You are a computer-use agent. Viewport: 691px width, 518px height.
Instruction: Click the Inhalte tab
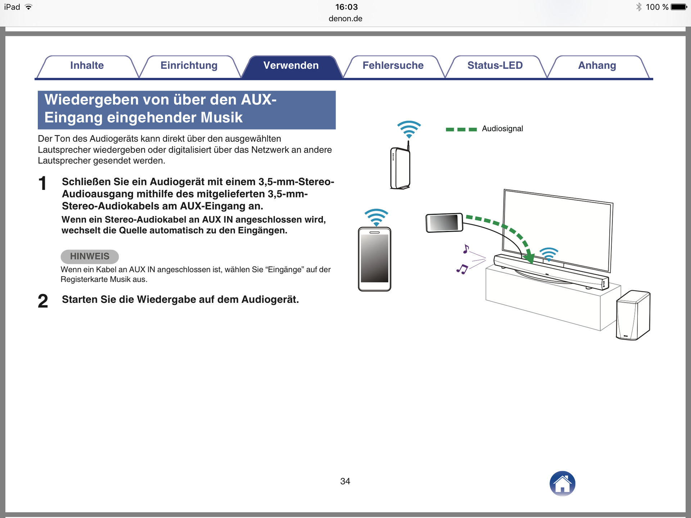click(87, 65)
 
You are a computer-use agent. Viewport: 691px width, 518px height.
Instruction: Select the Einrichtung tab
click(189, 65)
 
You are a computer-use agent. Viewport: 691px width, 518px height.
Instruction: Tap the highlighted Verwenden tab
click(291, 65)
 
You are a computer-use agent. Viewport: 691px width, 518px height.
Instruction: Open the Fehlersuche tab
click(393, 65)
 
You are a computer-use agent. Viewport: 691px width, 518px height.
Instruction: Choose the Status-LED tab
click(495, 65)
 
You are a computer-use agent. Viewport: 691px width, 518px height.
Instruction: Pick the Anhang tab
click(597, 65)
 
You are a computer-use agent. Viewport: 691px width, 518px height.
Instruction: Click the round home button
click(562, 483)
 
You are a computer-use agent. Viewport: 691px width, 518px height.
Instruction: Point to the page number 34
click(345, 481)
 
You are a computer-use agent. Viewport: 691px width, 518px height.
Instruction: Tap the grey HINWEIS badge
click(90, 256)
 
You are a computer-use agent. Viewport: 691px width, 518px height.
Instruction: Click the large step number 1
click(42, 183)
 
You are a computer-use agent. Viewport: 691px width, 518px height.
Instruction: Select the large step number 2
click(43, 301)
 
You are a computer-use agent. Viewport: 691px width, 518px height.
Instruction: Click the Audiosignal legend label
click(502, 129)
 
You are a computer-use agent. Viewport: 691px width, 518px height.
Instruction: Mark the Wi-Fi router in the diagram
click(400, 168)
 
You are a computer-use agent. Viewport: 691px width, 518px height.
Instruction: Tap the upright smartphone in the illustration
click(374, 259)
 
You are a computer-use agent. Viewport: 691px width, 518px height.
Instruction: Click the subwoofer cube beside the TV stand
click(633, 315)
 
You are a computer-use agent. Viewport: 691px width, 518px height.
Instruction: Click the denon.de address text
click(345, 19)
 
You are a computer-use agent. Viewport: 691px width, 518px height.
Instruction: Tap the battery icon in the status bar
click(679, 7)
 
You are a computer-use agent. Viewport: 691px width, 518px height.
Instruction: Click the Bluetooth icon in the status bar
click(639, 7)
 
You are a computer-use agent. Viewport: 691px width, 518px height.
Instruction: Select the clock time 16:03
click(346, 7)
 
